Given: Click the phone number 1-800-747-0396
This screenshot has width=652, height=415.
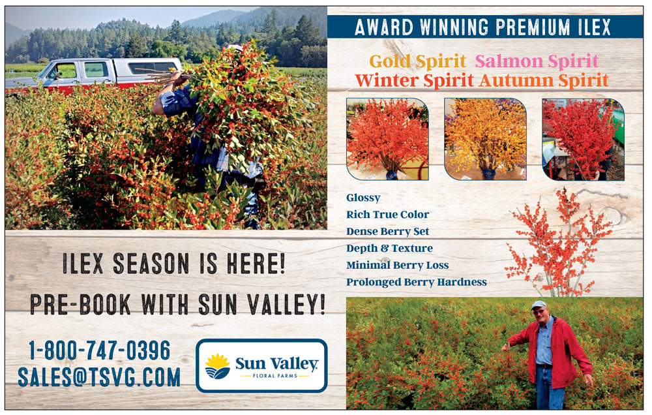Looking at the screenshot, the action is tap(99, 350).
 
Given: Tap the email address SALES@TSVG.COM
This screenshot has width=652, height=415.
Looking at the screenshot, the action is tap(99, 377).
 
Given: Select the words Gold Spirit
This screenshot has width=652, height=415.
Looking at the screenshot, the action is tap(417, 61).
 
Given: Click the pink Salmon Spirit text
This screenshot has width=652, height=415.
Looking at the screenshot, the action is tap(537, 61).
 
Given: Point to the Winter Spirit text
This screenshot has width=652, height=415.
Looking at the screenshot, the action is tap(414, 80).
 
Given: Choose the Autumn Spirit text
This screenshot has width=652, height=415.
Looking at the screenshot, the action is tap(544, 80).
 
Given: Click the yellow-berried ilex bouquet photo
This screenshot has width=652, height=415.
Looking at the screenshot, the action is tap(485, 139).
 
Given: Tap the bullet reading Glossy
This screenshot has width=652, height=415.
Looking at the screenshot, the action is tap(363, 198).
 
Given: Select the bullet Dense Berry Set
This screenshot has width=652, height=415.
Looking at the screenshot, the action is tap(387, 232).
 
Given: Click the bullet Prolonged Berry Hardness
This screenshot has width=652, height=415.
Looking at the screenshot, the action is tap(416, 283).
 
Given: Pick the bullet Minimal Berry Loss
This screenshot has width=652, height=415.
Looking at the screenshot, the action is tap(397, 265).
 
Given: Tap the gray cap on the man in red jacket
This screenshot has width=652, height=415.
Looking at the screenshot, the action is tap(539, 305).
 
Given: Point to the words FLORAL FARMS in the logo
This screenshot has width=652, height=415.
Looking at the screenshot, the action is tap(276, 376).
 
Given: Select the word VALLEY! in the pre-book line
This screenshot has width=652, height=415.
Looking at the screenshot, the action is tap(286, 304).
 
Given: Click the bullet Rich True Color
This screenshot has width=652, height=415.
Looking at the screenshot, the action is tap(387, 215).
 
